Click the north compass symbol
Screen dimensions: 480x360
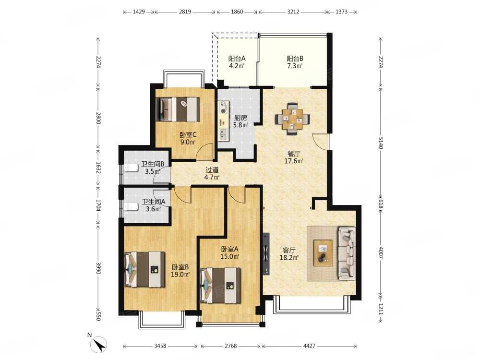click(98, 344)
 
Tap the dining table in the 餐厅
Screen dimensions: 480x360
click(292, 119)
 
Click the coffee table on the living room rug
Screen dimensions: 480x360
click(323, 253)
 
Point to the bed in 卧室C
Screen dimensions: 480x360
click(178, 109)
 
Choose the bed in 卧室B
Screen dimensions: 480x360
click(144, 269)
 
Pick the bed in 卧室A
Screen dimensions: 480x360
click(220, 285)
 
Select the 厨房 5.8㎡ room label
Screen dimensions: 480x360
click(240, 121)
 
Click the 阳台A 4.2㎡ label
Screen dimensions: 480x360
click(237, 62)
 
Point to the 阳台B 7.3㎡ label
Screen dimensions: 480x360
click(295, 62)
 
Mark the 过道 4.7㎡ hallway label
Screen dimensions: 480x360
click(212, 174)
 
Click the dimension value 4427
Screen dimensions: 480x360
click(309, 346)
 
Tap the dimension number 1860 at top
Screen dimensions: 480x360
click(237, 12)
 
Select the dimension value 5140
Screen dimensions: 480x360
click(381, 143)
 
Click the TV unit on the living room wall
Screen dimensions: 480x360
click(266, 253)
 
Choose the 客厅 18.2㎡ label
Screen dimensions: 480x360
click(289, 254)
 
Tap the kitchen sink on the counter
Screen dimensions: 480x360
click(224, 134)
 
